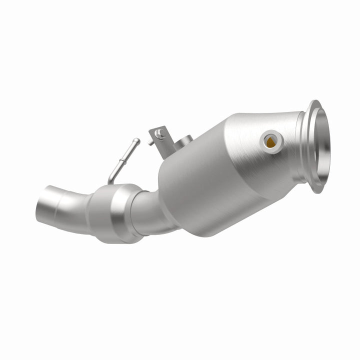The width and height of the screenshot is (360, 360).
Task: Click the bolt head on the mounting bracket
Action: [x=159, y=133]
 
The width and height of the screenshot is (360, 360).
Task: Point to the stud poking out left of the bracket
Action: [x=150, y=142]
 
